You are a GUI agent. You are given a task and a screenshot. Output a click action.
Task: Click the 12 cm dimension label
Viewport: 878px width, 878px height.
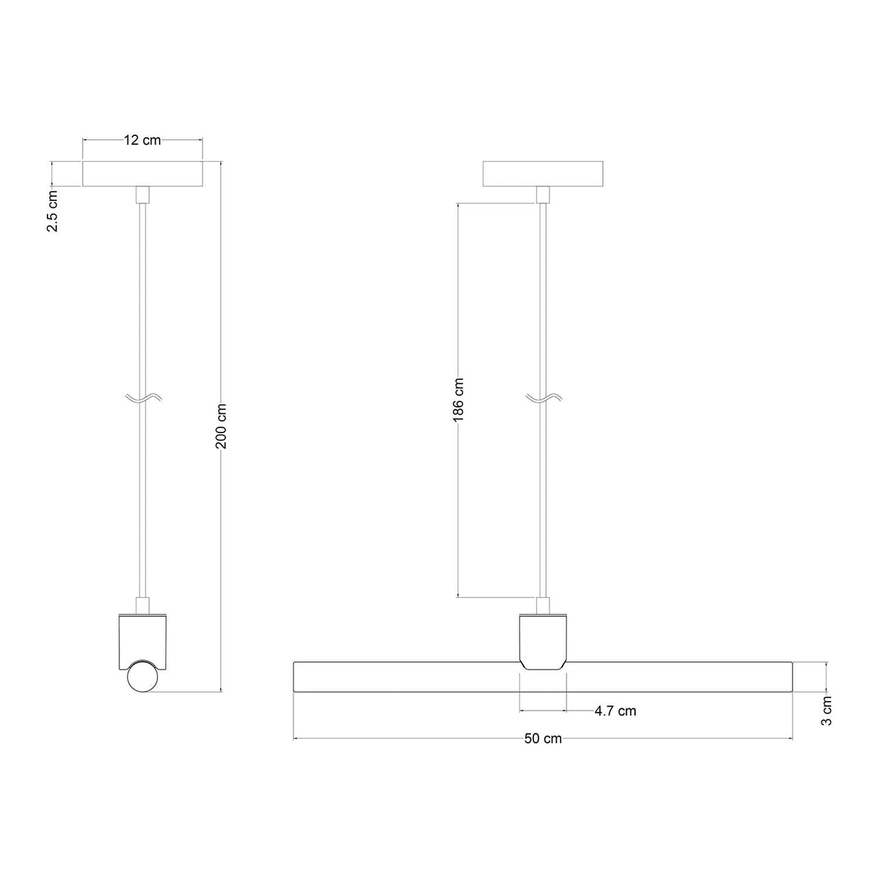pyautogui.click(x=142, y=140)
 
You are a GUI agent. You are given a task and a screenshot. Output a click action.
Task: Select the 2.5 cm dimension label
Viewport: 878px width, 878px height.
pyautogui.click(x=53, y=211)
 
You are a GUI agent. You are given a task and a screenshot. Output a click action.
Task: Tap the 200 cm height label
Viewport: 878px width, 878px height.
pyautogui.click(x=221, y=426)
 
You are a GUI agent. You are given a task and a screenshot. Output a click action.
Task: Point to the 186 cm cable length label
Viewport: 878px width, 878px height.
pyautogui.click(x=458, y=399)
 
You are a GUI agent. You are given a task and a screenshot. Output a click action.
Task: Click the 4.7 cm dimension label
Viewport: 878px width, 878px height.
pyautogui.click(x=615, y=710)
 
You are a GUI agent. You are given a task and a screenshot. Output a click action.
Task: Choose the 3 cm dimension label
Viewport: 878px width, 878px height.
pyautogui.click(x=826, y=710)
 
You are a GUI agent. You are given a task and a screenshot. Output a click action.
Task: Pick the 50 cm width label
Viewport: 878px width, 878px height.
pyautogui.click(x=543, y=738)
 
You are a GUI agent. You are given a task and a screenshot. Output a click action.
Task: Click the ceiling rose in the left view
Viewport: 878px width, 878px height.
pyautogui.click(x=142, y=173)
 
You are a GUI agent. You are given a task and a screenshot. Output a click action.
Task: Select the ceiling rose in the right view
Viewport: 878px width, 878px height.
pyautogui.click(x=543, y=173)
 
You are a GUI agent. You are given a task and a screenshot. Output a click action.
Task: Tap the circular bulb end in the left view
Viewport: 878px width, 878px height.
pyautogui.click(x=143, y=688)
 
